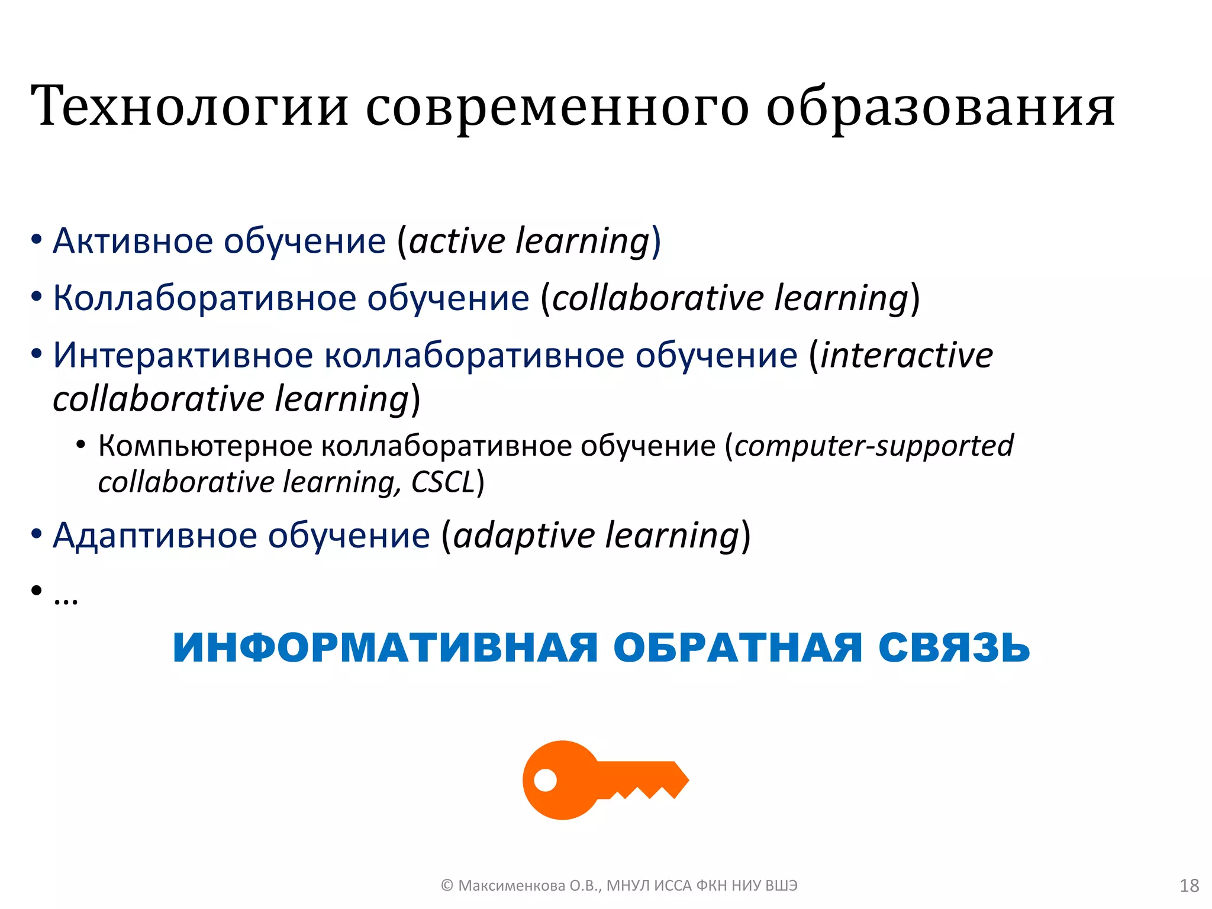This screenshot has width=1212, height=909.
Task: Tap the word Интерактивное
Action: [183, 356]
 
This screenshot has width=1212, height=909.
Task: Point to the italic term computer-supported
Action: [873, 446]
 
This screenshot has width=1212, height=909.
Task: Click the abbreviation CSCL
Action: [443, 482]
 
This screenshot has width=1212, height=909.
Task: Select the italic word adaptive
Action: [523, 536]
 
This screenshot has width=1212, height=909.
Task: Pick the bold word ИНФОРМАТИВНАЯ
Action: [385, 647]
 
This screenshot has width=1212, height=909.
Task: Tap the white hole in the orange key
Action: [545, 780]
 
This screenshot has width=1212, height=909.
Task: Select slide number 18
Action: [1189, 885]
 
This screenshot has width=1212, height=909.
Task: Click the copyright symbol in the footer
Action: [447, 885]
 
